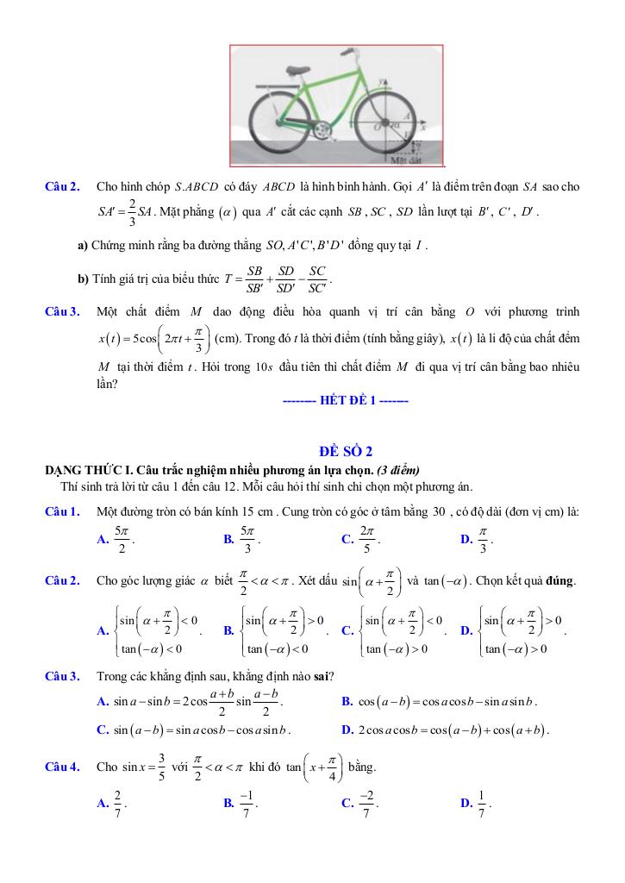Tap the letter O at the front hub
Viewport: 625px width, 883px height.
377,125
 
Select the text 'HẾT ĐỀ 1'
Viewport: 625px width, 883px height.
345,400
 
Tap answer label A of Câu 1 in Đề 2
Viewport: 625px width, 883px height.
103,540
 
